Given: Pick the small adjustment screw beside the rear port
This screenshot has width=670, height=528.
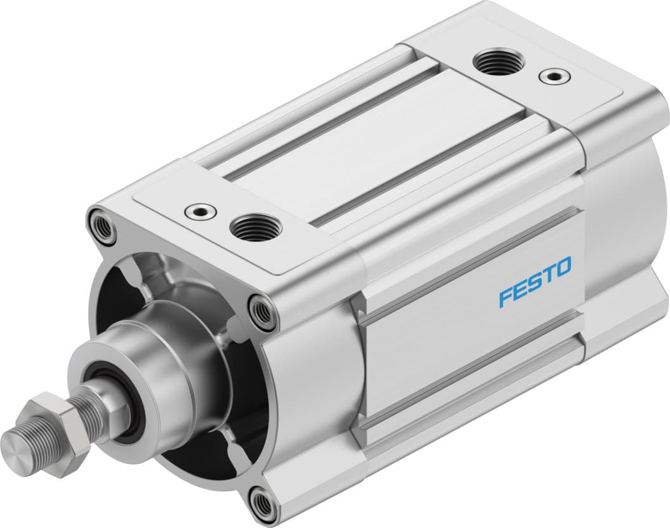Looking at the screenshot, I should [550, 77].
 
